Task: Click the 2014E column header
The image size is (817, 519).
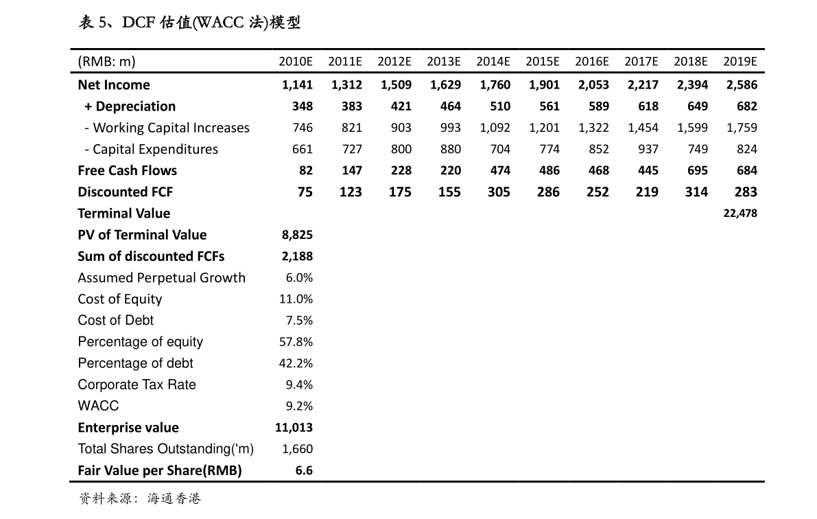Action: (x=493, y=61)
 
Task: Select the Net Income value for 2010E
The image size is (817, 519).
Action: (x=297, y=84)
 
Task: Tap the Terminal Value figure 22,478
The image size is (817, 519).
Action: (x=740, y=213)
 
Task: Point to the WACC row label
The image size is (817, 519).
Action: (x=98, y=406)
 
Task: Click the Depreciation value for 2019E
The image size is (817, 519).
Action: (x=747, y=106)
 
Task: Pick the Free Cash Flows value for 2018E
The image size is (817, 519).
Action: (x=696, y=170)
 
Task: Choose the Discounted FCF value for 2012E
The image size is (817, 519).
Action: (x=400, y=192)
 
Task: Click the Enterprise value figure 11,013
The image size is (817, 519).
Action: (x=294, y=427)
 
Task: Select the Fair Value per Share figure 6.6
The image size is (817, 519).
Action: (x=304, y=470)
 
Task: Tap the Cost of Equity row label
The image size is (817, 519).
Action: (x=120, y=299)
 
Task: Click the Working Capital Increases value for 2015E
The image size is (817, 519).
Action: (x=545, y=128)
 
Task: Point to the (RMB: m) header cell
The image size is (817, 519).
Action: (x=106, y=62)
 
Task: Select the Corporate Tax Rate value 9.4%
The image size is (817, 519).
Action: (x=299, y=384)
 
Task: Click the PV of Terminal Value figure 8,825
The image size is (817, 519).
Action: (x=297, y=235)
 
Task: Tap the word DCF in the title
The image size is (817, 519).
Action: (x=137, y=23)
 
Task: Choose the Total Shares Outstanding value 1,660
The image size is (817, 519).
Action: (x=297, y=449)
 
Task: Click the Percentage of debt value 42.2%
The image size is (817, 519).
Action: (x=296, y=363)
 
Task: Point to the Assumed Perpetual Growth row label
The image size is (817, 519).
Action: (x=161, y=277)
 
